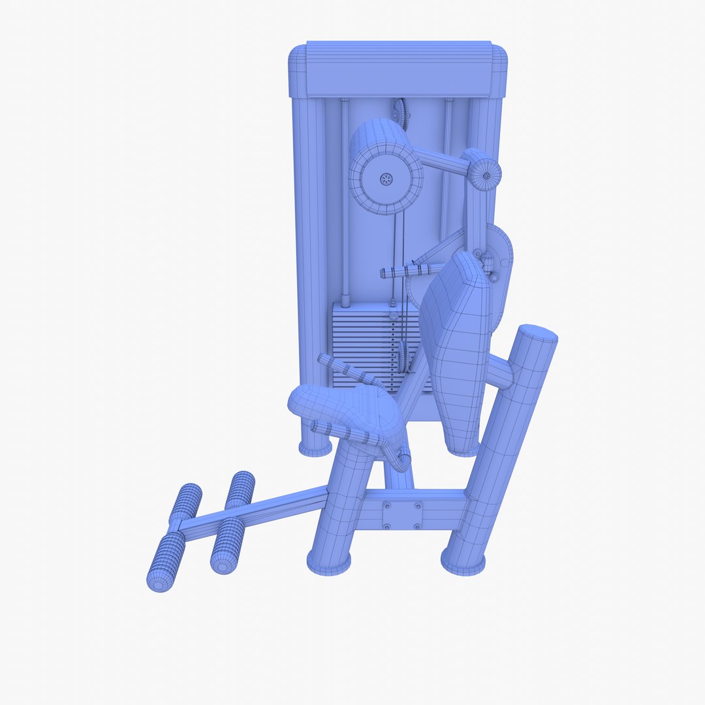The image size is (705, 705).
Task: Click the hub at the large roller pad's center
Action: coord(386,178)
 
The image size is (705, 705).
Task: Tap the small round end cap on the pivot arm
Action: coord(487,174)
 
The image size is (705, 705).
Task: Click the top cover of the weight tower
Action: coord(398,69)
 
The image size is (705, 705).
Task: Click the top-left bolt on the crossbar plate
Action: coord(388,505)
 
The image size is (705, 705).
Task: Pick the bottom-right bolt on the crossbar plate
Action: coord(417,526)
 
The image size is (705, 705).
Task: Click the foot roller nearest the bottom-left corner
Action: coord(166,561)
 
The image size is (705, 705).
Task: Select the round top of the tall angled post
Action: coord(537,334)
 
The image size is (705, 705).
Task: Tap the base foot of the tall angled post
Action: coord(463,561)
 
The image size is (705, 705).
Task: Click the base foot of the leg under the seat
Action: coord(328,561)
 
